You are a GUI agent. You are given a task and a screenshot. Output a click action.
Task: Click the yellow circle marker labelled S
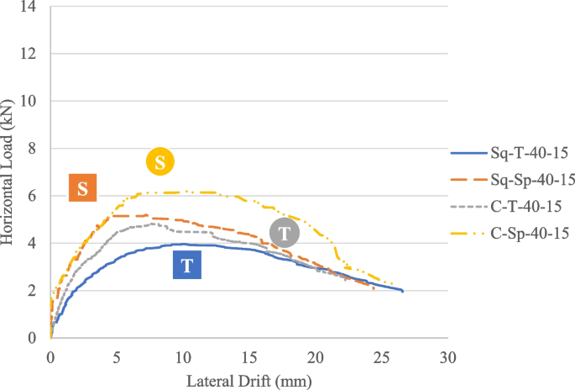click(159, 161)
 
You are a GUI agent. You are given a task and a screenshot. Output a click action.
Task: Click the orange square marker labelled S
click(83, 188)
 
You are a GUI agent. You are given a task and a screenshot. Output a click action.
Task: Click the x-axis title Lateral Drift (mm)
click(249, 381)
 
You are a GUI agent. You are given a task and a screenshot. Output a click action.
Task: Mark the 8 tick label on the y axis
click(34, 149)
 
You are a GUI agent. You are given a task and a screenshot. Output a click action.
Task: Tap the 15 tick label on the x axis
click(249, 356)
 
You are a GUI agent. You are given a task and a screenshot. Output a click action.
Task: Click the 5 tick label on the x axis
click(117, 356)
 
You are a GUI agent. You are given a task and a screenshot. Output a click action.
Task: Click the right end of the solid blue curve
click(403, 291)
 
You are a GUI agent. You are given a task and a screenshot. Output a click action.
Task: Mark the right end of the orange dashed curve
click(374, 288)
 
